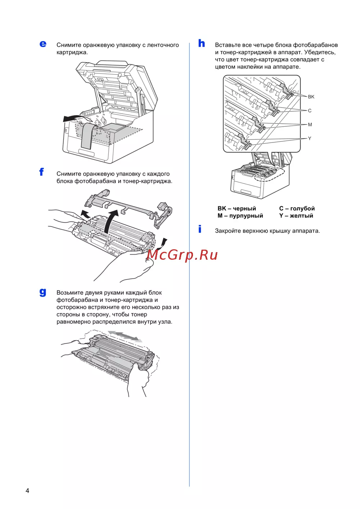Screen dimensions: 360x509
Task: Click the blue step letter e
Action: tap(43, 44)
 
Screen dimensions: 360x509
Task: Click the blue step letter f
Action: tap(41, 172)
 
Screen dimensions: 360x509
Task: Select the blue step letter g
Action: tap(43, 292)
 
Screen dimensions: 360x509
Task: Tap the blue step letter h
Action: tap(202, 43)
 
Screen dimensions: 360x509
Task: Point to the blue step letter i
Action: tap(200, 229)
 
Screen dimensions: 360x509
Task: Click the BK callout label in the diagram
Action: tap(311, 97)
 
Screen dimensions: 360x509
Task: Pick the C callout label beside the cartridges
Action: tap(310, 111)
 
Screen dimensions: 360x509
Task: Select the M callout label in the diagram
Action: tap(310, 124)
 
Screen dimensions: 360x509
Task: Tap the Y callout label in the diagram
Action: tap(310, 138)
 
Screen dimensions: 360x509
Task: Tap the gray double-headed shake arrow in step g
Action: tap(125, 336)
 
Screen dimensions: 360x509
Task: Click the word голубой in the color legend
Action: tap(302, 208)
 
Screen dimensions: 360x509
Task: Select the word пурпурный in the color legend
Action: tap(246, 215)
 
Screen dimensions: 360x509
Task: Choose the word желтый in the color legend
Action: tap(301, 215)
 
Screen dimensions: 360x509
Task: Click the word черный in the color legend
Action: tap(244, 208)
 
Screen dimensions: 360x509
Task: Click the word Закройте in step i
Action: tap(228, 231)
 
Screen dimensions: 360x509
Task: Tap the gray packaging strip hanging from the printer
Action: tap(87, 136)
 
